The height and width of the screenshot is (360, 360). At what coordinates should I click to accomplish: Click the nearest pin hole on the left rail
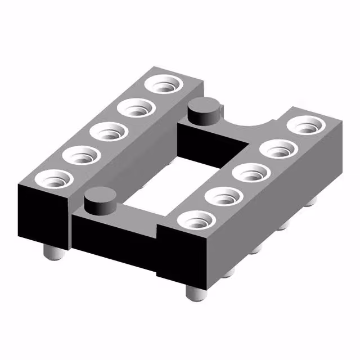click(55, 180)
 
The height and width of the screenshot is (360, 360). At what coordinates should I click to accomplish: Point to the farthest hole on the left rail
click(164, 86)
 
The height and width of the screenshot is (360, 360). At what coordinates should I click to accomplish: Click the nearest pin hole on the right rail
click(195, 220)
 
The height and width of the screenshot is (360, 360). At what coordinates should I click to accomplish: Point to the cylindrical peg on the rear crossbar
click(204, 110)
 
